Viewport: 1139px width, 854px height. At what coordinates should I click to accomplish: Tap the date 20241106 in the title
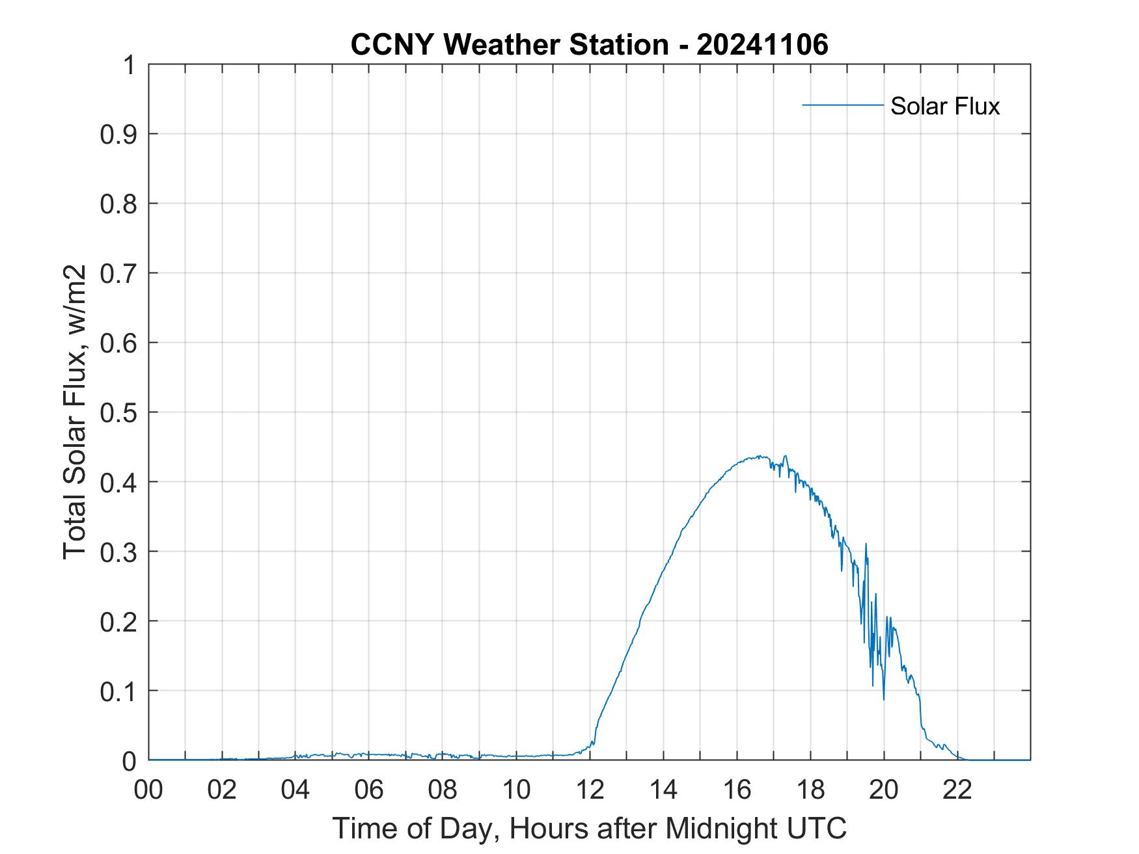coord(762,45)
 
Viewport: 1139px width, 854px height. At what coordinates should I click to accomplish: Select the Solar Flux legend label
coord(944,106)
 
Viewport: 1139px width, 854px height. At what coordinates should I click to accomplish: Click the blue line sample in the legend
coord(842,105)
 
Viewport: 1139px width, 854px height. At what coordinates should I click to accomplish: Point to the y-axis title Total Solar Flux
coord(75,412)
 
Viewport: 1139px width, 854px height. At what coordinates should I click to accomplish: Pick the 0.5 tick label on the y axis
coord(118,412)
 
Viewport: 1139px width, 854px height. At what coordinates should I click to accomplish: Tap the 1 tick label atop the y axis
coord(129,65)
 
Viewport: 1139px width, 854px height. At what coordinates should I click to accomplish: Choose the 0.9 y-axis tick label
coord(118,134)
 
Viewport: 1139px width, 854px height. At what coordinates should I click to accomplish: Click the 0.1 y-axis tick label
coord(118,691)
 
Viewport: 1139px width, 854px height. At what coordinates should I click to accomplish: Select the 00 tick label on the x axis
coord(148,790)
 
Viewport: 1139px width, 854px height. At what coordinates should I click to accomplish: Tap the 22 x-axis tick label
coord(957,790)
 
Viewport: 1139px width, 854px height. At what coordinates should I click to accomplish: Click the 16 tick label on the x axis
coord(737,790)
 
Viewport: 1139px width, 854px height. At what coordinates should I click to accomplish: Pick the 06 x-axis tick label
coord(369,790)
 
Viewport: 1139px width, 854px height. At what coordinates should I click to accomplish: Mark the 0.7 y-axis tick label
coord(118,273)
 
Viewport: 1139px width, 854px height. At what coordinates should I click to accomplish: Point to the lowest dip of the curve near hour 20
coord(884,699)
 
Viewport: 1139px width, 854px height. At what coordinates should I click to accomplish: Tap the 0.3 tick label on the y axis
coord(118,552)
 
